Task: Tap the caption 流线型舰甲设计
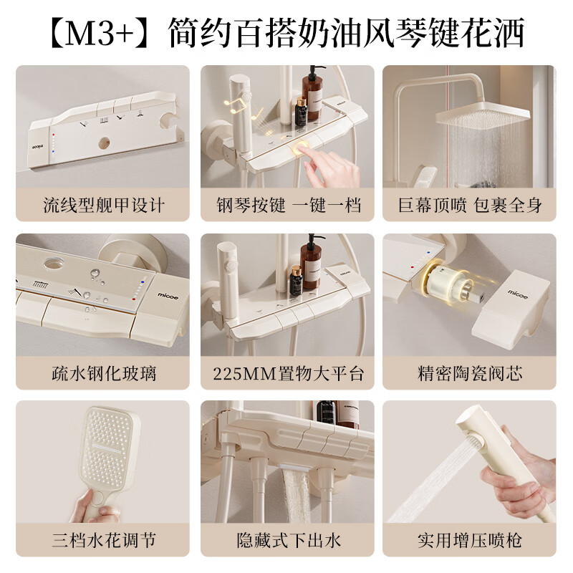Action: (x=103, y=206)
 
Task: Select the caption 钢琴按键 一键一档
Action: (x=287, y=206)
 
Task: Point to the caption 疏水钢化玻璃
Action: (x=103, y=373)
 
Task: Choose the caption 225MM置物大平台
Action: (x=287, y=373)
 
